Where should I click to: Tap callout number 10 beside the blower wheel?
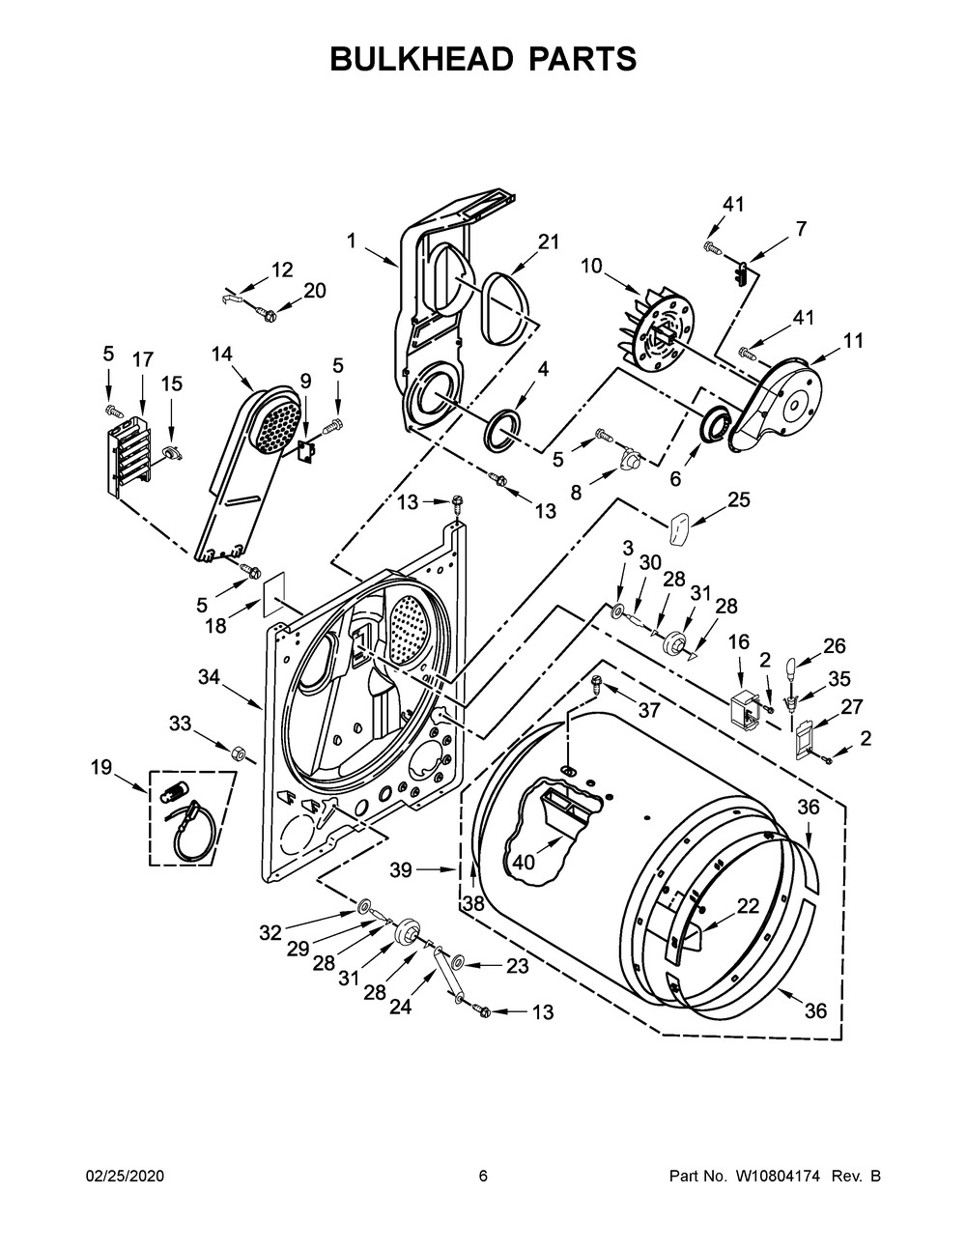point(591,266)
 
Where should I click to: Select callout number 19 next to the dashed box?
point(101,767)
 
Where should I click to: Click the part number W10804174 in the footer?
point(776,1176)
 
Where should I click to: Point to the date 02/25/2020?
point(125,1176)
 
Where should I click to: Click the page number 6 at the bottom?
point(483,1176)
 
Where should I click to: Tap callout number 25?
point(739,499)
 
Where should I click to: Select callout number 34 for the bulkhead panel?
point(210,677)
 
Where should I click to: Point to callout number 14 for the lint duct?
point(221,354)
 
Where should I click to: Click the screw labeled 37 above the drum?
point(597,685)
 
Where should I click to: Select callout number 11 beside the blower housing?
point(854,341)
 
